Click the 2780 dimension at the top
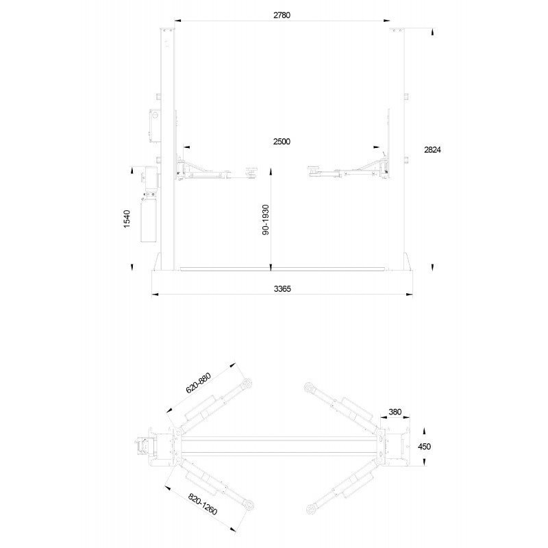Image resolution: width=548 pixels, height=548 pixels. [x=282, y=15]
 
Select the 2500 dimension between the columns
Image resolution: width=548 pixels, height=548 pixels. [x=282, y=142]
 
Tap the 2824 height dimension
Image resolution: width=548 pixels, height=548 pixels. [x=433, y=149]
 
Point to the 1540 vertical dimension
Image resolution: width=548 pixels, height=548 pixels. [x=127, y=219]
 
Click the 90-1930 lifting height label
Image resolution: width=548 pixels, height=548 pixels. [x=266, y=219]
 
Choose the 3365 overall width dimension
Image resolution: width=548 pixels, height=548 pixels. [x=282, y=289]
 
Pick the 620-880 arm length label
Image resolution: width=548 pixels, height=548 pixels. [x=198, y=384]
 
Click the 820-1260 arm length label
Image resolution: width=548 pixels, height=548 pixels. [x=203, y=504]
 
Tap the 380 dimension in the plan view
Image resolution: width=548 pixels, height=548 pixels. [x=395, y=412]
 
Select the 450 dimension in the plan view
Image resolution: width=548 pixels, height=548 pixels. [x=424, y=447]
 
